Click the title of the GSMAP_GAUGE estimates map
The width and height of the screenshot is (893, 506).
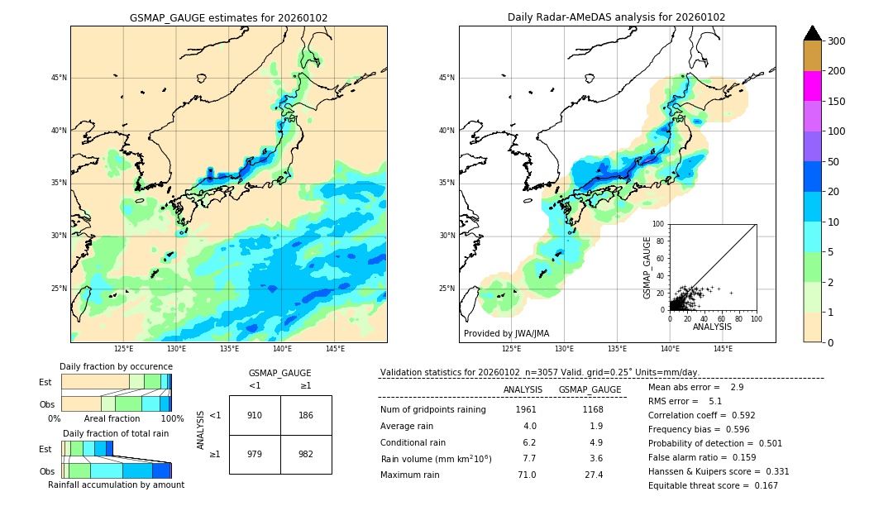click(x=228, y=17)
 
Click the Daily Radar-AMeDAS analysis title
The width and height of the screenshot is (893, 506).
click(x=616, y=17)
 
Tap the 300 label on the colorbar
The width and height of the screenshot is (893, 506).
click(x=838, y=41)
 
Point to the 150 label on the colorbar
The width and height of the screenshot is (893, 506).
click(x=838, y=101)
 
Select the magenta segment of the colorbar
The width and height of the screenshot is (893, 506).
click(x=812, y=86)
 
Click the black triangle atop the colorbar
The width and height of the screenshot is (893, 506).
click(x=812, y=33)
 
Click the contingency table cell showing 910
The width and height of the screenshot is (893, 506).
click(x=255, y=415)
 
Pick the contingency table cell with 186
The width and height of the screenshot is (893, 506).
click(x=306, y=415)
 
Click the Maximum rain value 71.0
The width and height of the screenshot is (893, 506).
click(x=526, y=475)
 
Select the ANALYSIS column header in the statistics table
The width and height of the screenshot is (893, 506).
click(x=523, y=389)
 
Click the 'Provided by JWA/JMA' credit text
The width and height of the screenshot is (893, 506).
click(x=506, y=334)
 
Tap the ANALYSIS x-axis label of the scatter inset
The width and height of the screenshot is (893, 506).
click(x=712, y=327)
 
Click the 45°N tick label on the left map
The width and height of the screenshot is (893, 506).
click(x=58, y=78)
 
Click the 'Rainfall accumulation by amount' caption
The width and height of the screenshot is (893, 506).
click(x=116, y=485)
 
